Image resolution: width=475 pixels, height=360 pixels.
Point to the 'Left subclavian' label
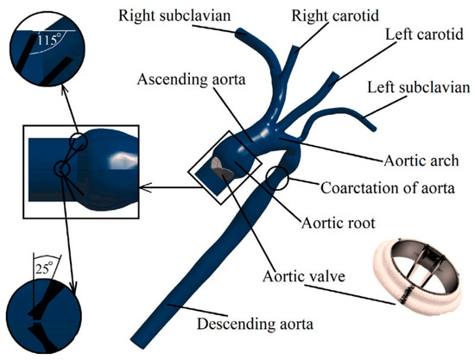point(418,88)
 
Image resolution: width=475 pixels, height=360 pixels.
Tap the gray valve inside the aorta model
point(222,170)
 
